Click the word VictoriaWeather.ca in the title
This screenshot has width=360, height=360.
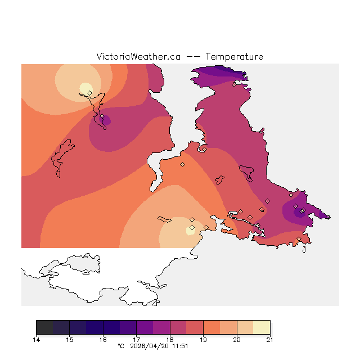pos(138,57)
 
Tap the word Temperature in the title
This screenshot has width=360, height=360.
pos(234,57)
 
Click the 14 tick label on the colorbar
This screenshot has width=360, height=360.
pos(36,340)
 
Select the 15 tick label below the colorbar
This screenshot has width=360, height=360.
pos(69,340)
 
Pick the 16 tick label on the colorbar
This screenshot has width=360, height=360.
pos(103,340)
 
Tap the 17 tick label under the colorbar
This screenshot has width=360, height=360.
pos(136,340)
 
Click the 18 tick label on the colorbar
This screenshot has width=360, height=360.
pos(170,340)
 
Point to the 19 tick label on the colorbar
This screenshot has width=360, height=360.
pos(203,340)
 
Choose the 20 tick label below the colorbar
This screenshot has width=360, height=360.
pos(237,340)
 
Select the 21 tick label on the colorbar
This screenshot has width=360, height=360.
pos(270,340)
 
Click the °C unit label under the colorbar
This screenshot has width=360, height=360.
pos(120,346)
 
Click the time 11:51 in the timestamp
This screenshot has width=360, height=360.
pos(180,346)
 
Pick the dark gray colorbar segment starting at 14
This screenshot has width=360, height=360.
pos(44,327)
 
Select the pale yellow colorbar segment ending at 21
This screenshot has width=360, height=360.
pos(262,327)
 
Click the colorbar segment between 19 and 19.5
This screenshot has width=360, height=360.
pos(211,327)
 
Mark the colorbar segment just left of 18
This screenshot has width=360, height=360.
pos(161,327)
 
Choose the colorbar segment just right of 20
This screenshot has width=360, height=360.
pos(245,327)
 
